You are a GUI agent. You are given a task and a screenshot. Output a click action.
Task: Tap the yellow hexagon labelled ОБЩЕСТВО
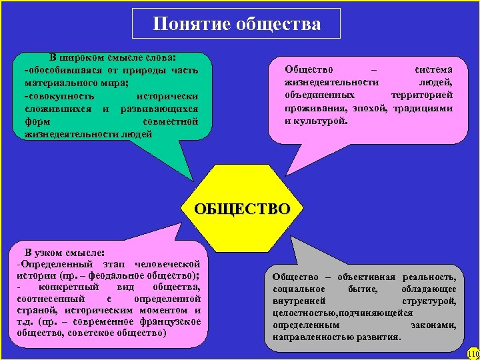click(241, 209)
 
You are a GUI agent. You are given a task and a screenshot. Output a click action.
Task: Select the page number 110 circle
click(473, 353)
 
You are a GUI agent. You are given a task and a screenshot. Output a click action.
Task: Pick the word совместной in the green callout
click(171, 121)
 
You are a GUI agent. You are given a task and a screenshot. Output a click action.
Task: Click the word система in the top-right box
click(433, 69)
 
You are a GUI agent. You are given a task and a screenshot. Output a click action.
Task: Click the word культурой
click(316, 121)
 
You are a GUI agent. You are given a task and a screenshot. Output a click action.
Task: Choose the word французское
click(169, 323)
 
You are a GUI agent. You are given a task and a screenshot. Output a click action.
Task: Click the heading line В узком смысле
click(64, 252)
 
